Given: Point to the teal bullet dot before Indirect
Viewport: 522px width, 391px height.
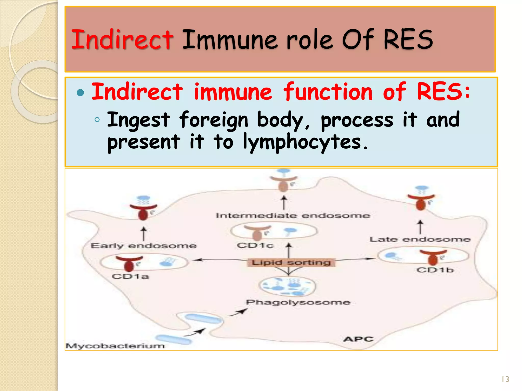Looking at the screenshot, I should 80,93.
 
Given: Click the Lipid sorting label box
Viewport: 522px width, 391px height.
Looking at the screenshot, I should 291,262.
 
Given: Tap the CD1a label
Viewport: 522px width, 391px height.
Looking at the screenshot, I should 130,276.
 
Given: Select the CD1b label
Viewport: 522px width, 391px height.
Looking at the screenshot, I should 435,270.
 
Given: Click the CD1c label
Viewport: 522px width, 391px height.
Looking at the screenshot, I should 255,245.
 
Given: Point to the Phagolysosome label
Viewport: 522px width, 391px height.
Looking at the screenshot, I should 298,302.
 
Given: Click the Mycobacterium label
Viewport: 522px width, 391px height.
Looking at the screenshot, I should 115,346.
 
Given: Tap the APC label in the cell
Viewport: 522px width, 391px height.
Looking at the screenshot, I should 358,339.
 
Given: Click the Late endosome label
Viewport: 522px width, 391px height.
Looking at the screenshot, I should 420,240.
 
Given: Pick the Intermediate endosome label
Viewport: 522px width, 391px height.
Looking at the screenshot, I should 293,216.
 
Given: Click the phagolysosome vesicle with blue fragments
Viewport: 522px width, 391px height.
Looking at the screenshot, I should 288,286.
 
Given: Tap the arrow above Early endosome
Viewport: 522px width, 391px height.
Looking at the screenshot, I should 144,233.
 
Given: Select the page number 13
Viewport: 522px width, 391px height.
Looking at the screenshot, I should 505,379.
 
